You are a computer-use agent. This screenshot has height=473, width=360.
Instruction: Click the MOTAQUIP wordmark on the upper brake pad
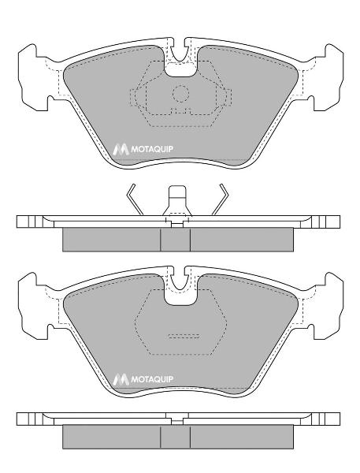click(x=152, y=149)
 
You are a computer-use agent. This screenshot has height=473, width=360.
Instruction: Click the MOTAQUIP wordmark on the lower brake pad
click(x=152, y=379)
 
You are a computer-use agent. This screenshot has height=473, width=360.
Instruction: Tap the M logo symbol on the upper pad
click(x=121, y=149)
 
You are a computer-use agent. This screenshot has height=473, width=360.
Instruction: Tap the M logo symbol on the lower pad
click(x=121, y=379)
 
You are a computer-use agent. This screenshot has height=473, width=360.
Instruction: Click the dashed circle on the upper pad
click(x=180, y=94)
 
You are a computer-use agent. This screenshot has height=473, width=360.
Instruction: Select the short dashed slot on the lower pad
click(x=184, y=336)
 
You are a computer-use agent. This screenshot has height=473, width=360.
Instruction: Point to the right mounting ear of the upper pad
click(x=328, y=77)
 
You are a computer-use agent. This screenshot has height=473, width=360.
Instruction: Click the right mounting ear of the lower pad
click(x=328, y=306)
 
